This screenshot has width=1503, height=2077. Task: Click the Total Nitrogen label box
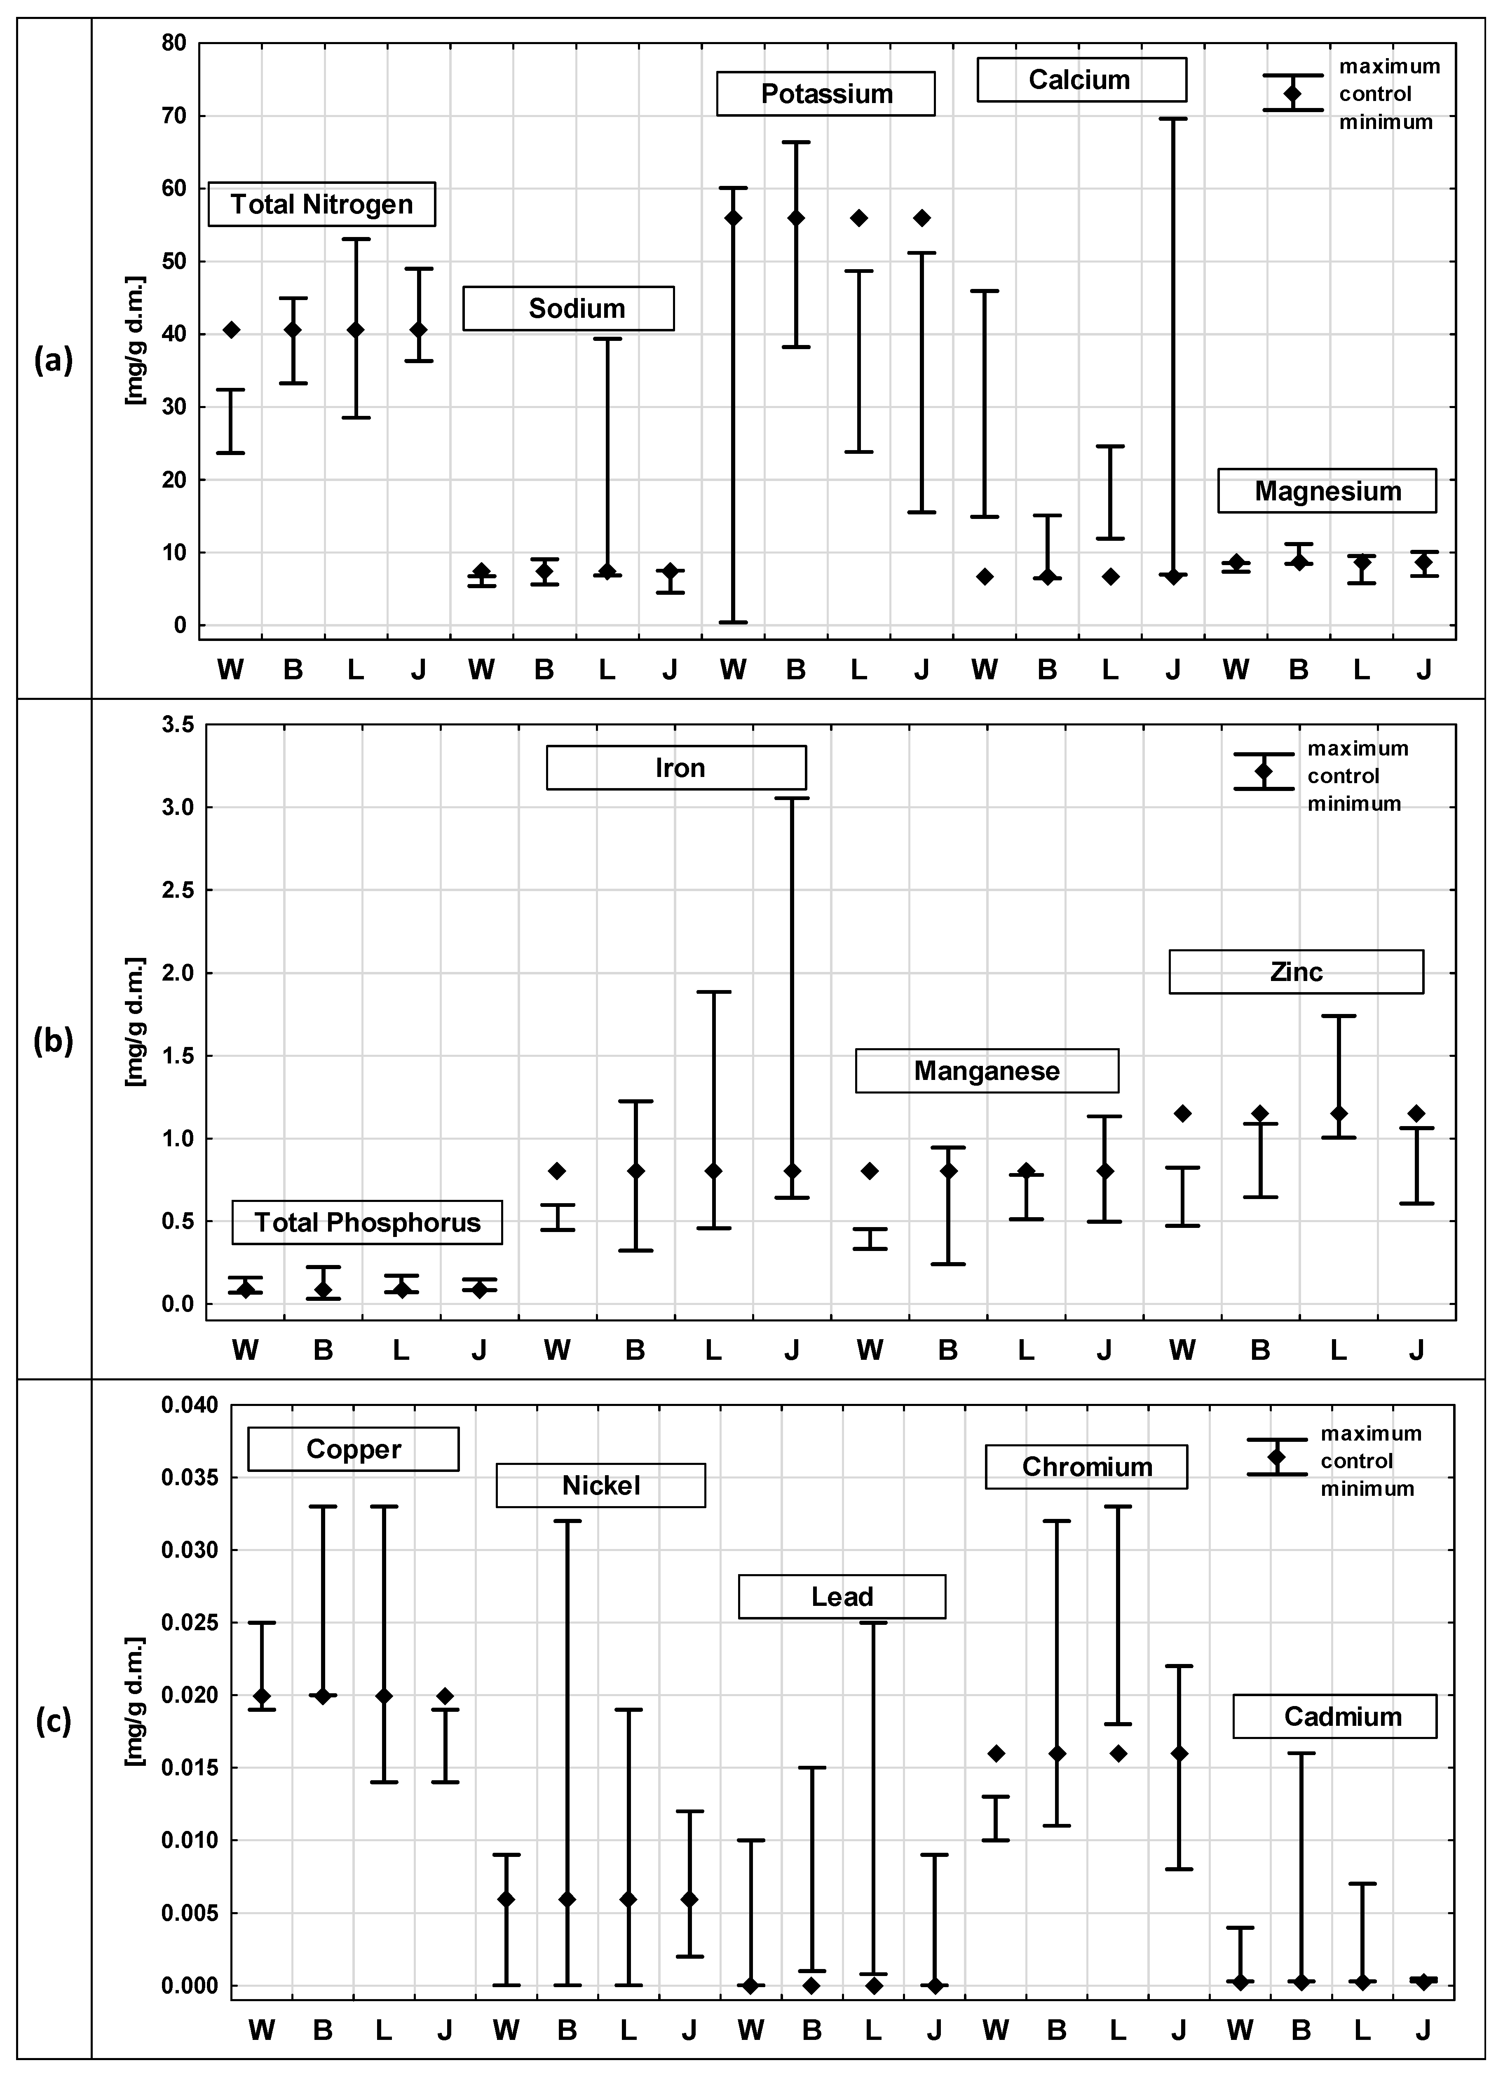[x=321, y=204]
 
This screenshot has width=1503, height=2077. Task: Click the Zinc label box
[x=1296, y=972]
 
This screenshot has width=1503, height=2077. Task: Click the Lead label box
[x=842, y=1596]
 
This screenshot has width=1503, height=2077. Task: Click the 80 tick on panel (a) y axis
[x=174, y=43]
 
